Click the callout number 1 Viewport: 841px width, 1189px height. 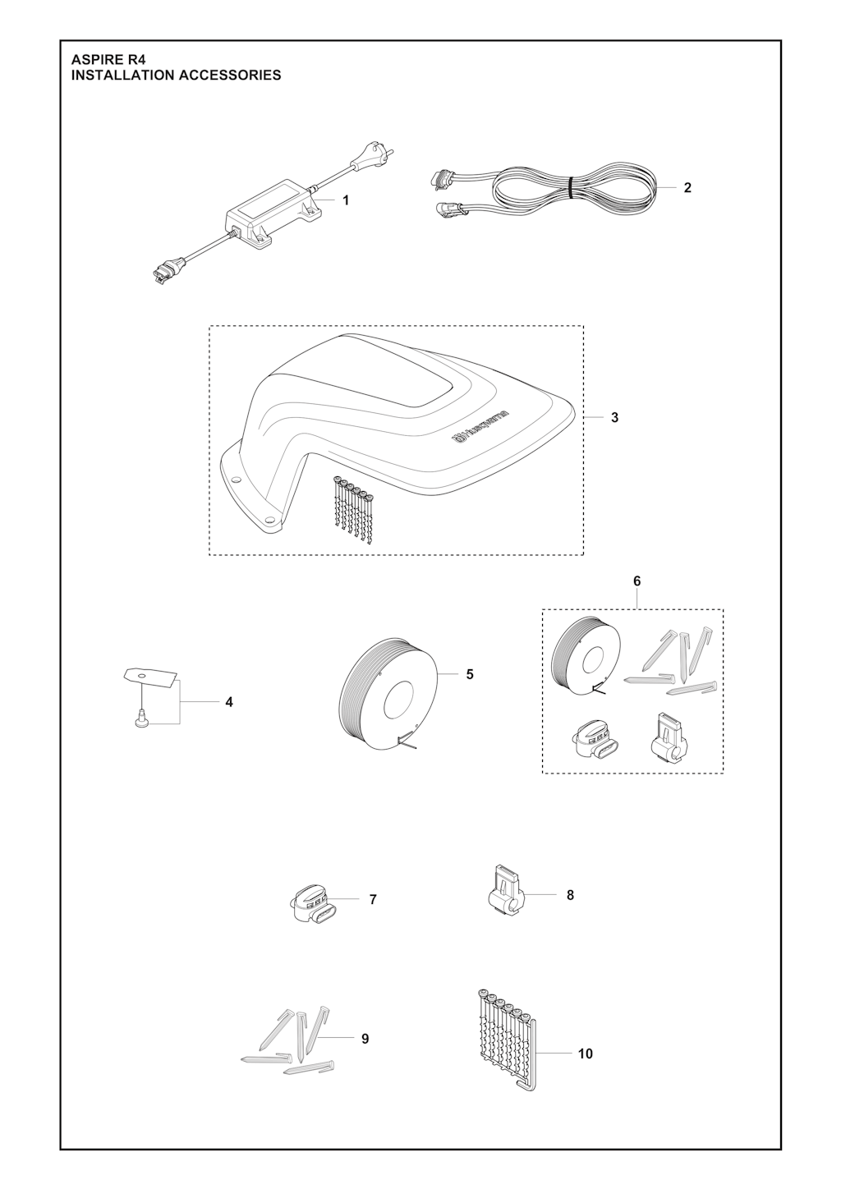(346, 200)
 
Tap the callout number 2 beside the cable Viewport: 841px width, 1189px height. (687, 187)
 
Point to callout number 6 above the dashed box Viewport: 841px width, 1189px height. (637, 581)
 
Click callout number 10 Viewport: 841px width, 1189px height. (585, 1054)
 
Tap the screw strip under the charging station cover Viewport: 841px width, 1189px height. (353, 510)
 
